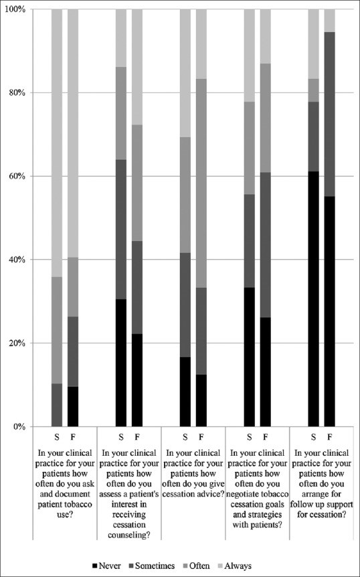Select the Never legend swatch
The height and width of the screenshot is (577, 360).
(96, 566)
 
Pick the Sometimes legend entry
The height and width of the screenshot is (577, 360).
(152, 566)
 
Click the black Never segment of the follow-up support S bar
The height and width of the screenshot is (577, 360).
(313, 299)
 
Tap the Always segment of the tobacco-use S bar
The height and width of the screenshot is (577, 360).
(57, 143)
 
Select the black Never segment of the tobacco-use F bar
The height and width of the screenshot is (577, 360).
(73, 406)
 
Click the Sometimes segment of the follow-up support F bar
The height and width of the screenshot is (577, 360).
(329, 114)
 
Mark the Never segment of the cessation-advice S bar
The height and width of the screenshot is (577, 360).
(185, 392)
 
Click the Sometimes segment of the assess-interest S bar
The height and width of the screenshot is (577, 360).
(121, 229)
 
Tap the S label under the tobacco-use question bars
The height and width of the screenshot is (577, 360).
(57, 437)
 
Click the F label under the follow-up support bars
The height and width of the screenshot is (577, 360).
(329, 437)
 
